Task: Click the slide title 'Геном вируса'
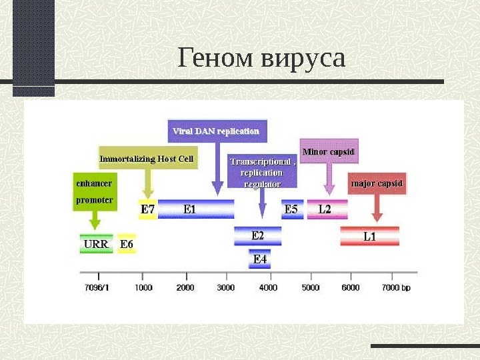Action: (261, 58)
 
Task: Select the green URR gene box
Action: (96, 245)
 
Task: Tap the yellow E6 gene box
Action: (127, 245)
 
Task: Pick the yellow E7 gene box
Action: (147, 209)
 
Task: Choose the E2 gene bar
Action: (257, 235)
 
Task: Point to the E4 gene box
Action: (259, 259)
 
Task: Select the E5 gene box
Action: (291, 209)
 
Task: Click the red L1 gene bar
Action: (369, 236)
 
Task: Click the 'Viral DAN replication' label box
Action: (216, 131)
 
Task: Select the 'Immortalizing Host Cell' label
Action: (147, 159)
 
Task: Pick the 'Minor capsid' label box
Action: (328, 151)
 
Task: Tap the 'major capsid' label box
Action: (377, 183)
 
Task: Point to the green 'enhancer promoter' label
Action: (94, 191)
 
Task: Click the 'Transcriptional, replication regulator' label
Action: (262, 172)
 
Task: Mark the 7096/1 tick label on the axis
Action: (98, 288)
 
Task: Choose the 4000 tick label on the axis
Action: (268, 288)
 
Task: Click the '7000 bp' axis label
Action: (396, 288)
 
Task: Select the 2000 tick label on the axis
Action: (185, 288)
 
